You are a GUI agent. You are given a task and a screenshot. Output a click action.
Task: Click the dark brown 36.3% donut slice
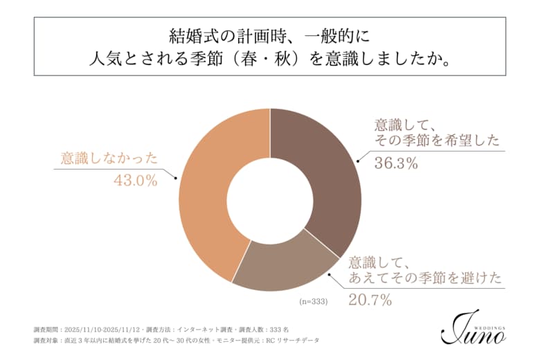coord(325,173)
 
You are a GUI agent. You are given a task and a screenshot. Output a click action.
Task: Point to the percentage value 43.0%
coord(136,181)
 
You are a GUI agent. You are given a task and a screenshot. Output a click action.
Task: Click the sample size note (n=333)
coord(313,302)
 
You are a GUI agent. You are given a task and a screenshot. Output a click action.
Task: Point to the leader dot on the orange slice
coord(179,178)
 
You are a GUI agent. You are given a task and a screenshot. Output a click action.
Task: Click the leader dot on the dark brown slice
coord(358,162)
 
